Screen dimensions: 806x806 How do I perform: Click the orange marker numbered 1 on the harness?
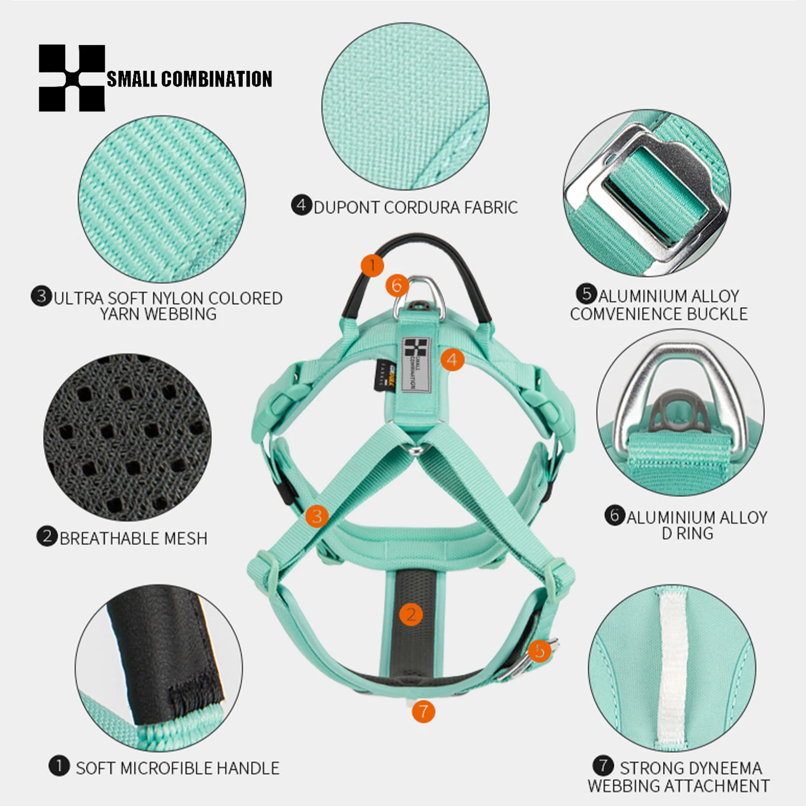372,265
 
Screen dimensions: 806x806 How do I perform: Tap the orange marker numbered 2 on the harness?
411,614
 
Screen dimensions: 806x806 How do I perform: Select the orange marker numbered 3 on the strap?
317,516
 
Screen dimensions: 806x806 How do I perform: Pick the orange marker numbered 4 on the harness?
452,359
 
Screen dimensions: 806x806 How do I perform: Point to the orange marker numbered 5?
539,651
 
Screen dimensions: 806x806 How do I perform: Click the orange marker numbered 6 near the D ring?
397,285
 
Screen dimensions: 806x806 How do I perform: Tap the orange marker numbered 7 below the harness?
423,711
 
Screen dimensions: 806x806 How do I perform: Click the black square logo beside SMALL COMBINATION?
72,78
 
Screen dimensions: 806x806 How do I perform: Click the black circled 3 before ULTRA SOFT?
41,296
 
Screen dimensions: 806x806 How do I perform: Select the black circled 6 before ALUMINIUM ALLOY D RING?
615,515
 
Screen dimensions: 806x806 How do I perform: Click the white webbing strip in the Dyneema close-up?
672,670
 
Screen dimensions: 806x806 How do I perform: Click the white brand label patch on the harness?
416,365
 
